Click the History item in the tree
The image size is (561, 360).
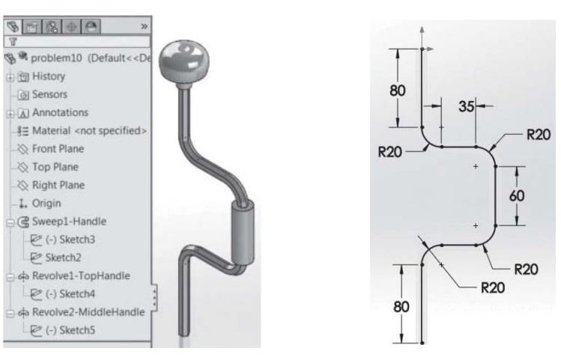(x=47, y=76)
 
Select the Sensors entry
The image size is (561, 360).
(x=48, y=94)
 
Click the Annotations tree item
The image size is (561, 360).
(x=58, y=112)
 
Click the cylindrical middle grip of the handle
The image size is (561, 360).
(x=243, y=234)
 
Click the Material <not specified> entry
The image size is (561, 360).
(x=85, y=130)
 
